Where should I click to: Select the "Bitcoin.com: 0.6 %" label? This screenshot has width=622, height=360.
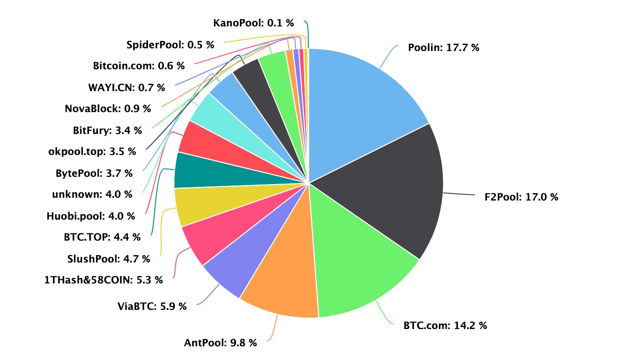click(139, 66)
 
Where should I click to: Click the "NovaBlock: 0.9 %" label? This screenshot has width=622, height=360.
click(107, 108)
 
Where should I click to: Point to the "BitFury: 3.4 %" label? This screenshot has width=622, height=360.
click(107, 130)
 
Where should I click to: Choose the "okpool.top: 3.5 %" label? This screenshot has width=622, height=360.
click(92, 152)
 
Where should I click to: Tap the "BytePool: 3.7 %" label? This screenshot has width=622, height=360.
click(94, 173)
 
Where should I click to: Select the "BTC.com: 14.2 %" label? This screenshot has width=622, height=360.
click(445, 325)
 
